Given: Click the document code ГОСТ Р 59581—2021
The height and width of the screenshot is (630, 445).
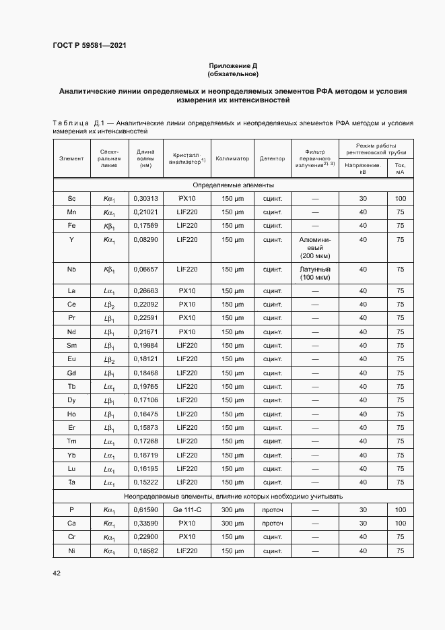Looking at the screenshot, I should click(x=89, y=45).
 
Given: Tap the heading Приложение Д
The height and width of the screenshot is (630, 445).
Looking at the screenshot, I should click(x=233, y=65).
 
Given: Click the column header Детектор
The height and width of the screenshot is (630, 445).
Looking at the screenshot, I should click(x=273, y=158).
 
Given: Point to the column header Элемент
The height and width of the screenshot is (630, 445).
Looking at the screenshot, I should click(x=71, y=158).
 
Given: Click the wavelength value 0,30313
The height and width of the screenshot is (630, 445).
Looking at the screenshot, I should click(x=145, y=199).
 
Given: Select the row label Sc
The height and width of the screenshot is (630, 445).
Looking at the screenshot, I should click(x=71, y=199).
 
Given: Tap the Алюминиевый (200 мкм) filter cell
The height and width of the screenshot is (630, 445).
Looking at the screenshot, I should click(x=314, y=247).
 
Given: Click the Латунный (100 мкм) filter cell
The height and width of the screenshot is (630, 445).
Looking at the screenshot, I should click(x=314, y=273).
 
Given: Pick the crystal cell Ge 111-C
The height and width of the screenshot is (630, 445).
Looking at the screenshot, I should click(x=187, y=510).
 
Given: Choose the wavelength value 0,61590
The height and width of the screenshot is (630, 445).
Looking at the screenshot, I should click(x=145, y=510).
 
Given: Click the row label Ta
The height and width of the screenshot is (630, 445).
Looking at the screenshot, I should click(x=71, y=482).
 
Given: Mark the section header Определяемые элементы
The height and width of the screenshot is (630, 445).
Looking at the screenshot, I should click(x=233, y=185).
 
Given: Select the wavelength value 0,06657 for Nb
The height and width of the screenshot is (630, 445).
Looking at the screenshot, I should click(x=145, y=269).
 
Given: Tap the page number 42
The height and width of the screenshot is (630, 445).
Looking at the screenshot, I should click(x=57, y=573).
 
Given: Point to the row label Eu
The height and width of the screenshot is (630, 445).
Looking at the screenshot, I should click(x=71, y=359).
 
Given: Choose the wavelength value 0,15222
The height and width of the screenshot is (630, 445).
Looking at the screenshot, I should click(x=145, y=482).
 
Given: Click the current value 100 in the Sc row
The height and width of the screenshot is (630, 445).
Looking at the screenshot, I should click(x=401, y=199).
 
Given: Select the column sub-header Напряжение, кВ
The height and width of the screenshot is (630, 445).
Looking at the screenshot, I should click(x=363, y=168).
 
